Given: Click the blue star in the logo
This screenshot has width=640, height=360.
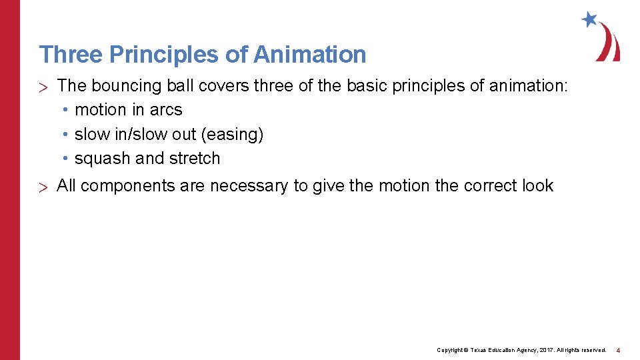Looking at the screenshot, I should (589, 19).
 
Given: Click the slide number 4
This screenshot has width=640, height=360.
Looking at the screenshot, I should (618, 350).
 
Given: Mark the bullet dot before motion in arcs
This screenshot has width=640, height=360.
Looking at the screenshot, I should (67, 110).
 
